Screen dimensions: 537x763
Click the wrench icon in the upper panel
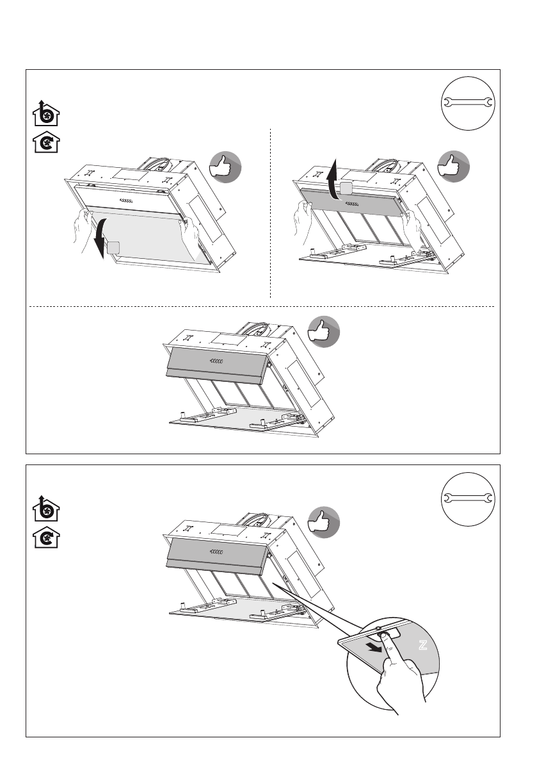467,103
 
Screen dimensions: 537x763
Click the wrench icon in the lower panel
467,498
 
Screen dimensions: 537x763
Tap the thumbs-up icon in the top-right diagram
453,168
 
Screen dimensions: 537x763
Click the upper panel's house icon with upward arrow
46,113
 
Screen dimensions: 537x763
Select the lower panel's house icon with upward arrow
46,509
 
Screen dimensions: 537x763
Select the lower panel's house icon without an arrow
46,537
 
